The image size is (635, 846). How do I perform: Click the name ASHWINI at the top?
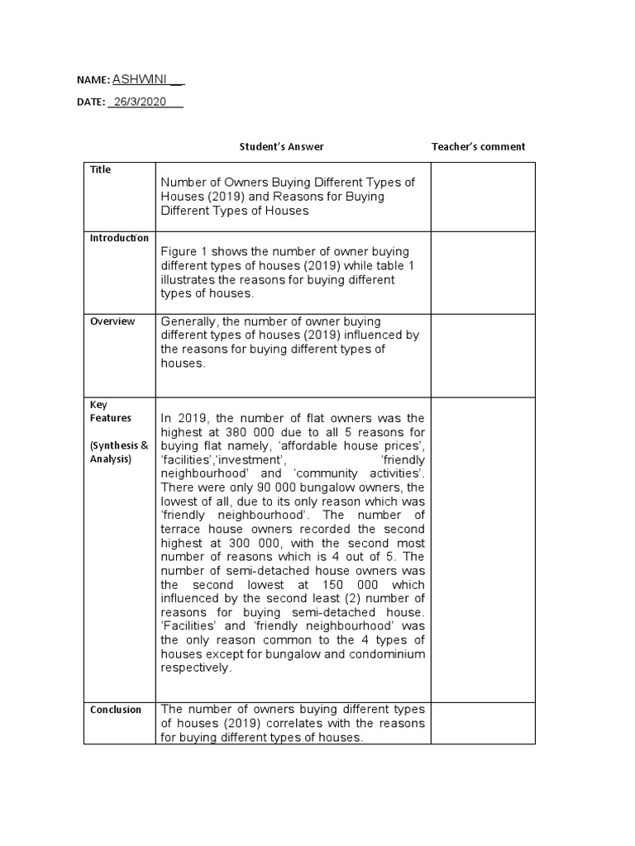140,79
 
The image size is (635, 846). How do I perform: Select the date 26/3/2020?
141,102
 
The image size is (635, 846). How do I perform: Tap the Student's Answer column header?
281,146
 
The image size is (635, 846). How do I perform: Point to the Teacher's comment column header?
478,146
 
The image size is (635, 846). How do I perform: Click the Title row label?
100,169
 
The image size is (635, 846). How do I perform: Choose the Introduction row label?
119,238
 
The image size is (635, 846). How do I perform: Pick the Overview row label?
112,321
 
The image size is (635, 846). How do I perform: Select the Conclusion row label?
116,710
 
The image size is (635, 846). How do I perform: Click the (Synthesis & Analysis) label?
119,452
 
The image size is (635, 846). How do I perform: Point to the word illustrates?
189,280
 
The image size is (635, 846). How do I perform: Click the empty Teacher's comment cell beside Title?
483,197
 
